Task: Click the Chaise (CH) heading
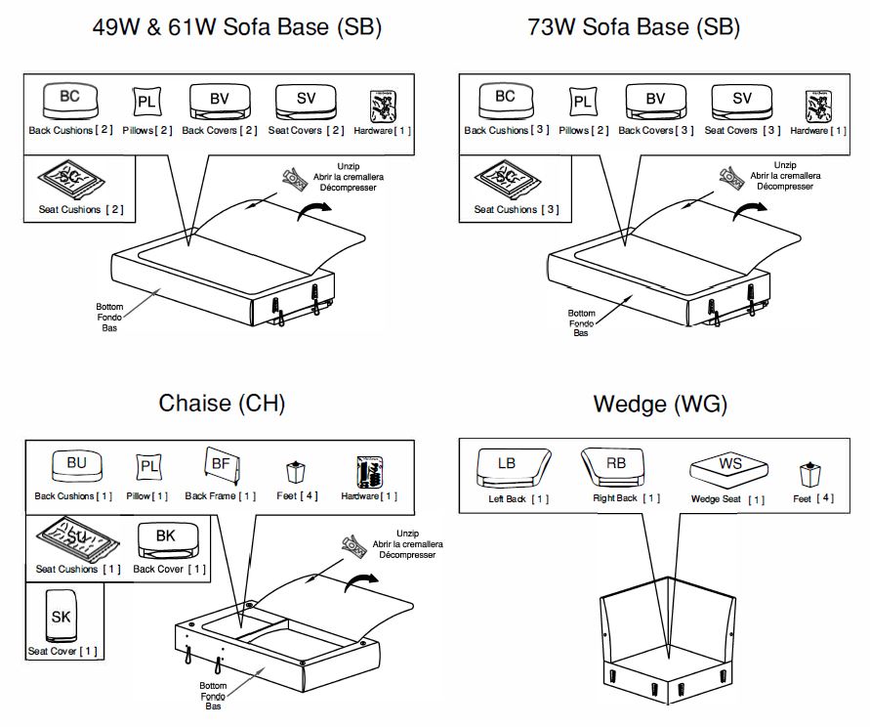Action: (x=222, y=403)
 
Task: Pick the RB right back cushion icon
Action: (x=617, y=466)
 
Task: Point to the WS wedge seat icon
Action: (x=729, y=468)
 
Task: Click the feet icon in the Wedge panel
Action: (x=808, y=476)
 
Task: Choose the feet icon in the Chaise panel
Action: (x=292, y=472)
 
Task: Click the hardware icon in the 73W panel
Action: (x=818, y=104)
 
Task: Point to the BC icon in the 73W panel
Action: (x=505, y=99)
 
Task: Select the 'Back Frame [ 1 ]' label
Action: (x=221, y=496)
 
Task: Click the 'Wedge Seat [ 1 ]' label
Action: (x=728, y=500)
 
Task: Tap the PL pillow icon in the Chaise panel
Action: (x=148, y=467)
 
